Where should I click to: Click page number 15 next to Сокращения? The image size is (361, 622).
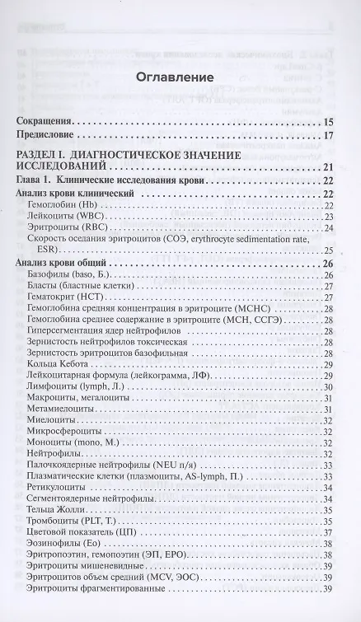[328, 120]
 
